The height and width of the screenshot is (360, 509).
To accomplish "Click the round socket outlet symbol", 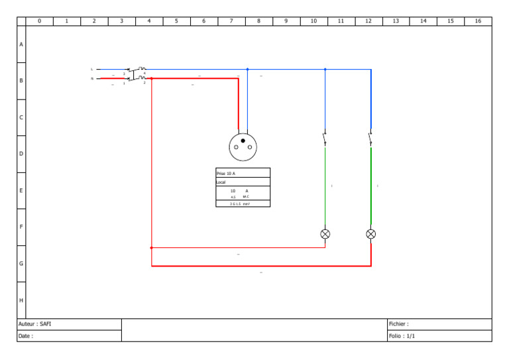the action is tap(243, 147).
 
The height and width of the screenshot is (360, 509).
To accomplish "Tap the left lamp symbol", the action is tap(325, 234).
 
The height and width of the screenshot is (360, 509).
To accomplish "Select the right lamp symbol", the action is tap(370, 234).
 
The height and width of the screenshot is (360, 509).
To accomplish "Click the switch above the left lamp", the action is tap(325, 139).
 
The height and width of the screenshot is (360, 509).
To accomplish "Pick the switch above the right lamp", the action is tap(370, 139).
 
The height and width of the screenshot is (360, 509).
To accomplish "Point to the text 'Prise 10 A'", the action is tap(226, 173).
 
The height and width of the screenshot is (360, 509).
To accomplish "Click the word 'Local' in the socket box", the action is tap(221, 182).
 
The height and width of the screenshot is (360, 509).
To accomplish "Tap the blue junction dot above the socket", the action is tap(247, 69).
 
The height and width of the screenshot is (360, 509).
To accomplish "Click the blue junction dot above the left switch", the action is tap(325, 69).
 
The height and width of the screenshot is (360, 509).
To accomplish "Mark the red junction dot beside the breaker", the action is tap(152, 78).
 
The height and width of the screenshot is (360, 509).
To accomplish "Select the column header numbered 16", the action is tap(478, 21).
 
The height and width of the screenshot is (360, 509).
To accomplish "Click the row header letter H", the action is tap(21, 300).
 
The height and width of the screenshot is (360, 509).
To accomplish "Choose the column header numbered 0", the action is tap(39, 21).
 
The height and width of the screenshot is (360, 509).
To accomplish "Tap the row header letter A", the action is tap(21, 44).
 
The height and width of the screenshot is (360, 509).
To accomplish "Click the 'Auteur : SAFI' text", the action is tap(34, 324).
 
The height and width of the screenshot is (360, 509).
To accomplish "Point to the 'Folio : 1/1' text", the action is tap(402, 336).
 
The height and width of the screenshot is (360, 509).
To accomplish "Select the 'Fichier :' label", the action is tap(399, 324).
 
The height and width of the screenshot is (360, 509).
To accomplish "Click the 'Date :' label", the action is tap(26, 336).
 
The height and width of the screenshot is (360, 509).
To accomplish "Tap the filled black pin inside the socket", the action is tap(243, 141).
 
